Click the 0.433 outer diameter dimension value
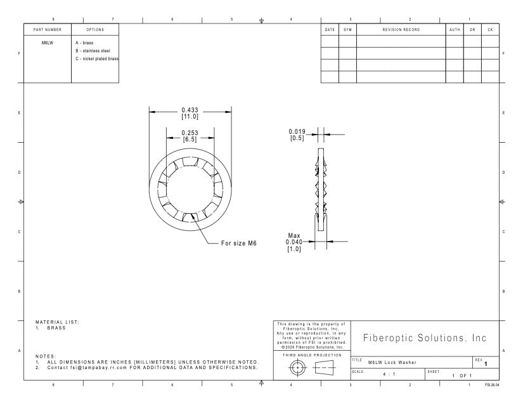click(190, 110)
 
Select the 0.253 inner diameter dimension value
click(190, 133)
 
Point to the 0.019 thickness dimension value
click(297, 132)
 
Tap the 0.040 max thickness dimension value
click(294, 242)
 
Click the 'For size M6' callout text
click(239, 243)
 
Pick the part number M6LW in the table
click(48, 43)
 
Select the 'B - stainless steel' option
click(93, 51)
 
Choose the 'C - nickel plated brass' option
click(97, 59)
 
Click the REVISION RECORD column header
click(401, 30)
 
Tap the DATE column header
click(330, 30)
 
